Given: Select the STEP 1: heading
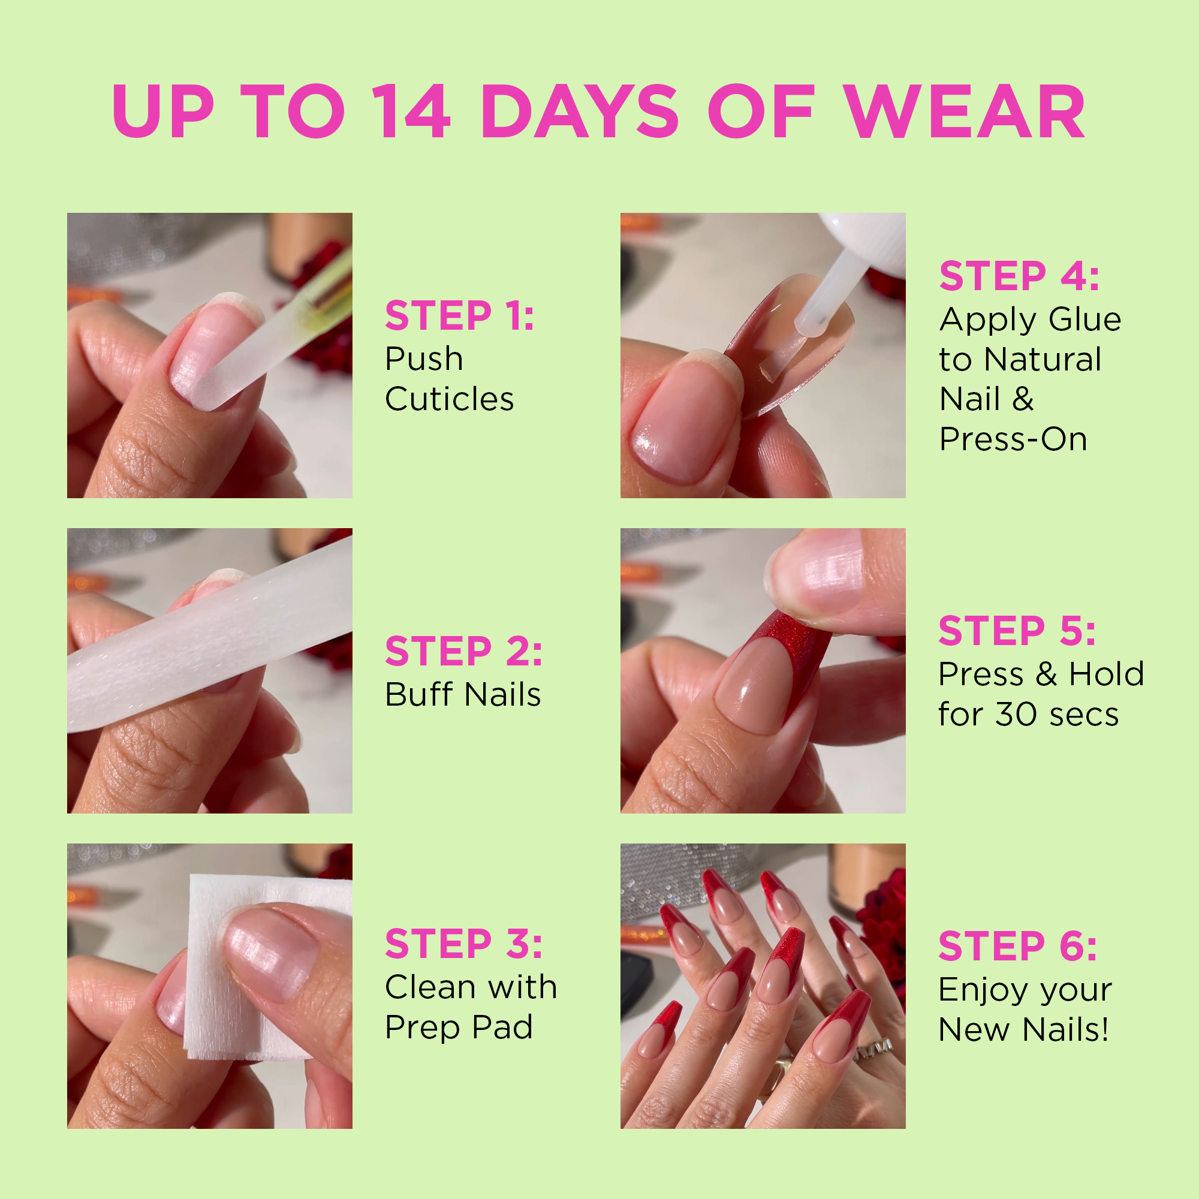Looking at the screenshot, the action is (459, 316).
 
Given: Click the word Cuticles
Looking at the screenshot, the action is (449, 399).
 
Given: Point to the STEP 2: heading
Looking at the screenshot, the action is (463, 651).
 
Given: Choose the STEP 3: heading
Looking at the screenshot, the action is (463, 944).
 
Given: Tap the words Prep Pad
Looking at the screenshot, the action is (459, 1028).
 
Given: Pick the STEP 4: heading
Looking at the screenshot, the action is (1019, 276).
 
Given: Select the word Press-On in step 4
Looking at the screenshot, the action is (1013, 439).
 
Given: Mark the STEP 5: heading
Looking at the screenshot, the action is (1017, 631).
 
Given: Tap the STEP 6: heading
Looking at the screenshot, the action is (1018, 947).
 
